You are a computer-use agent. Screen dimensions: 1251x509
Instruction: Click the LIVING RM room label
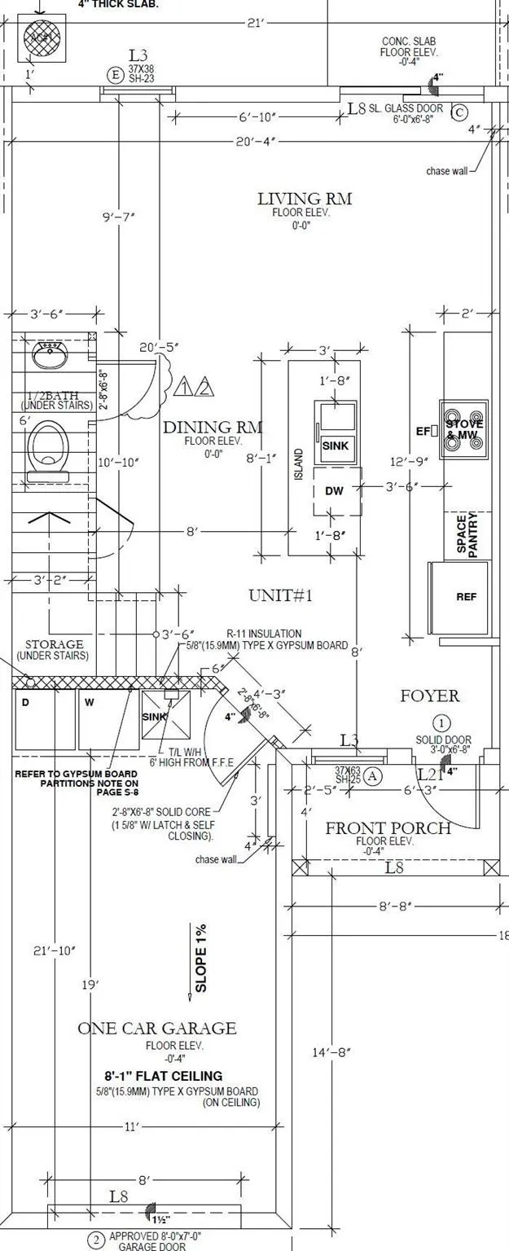click(x=305, y=199)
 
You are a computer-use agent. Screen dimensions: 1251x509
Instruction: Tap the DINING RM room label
click(x=213, y=428)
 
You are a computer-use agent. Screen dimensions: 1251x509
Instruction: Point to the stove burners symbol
click(x=464, y=426)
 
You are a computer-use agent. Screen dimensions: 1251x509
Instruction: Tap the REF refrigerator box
click(x=466, y=597)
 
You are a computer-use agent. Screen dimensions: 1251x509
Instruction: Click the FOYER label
click(x=429, y=696)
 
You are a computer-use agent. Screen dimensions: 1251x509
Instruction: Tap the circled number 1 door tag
click(x=441, y=722)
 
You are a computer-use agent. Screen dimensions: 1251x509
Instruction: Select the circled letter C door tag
click(x=459, y=112)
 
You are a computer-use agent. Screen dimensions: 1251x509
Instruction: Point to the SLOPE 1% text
click(x=200, y=957)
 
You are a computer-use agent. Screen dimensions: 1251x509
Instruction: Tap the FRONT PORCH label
click(x=388, y=828)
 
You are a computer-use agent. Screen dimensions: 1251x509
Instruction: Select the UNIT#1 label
click(x=281, y=595)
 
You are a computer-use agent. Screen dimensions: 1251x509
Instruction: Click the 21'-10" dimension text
click(x=55, y=950)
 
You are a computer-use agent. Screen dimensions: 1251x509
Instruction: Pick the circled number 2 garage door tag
click(x=96, y=1240)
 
